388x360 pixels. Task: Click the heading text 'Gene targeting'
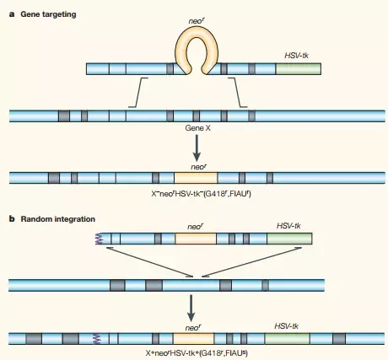(48, 14)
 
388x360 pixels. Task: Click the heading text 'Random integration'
(58, 219)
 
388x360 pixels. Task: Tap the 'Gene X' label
(197, 128)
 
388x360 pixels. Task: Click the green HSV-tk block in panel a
(299, 69)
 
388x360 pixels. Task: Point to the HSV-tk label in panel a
(297, 56)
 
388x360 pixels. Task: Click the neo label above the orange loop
(197, 21)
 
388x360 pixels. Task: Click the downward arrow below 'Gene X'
(197, 148)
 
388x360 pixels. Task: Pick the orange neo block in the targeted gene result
(196, 178)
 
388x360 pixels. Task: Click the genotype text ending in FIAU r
(201, 194)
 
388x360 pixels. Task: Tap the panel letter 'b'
(12, 218)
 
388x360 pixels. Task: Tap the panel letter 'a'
(12, 14)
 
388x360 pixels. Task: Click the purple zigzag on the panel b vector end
(99, 239)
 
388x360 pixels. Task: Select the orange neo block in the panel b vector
(196, 239)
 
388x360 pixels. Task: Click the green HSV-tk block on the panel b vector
(289, 239)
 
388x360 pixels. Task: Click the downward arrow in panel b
(191, 308)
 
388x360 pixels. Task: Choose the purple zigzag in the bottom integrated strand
(96, 339)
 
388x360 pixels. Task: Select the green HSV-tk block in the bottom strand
(287, 339)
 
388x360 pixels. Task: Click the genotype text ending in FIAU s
(197, 353)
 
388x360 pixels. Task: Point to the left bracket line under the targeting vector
(137, 93)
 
